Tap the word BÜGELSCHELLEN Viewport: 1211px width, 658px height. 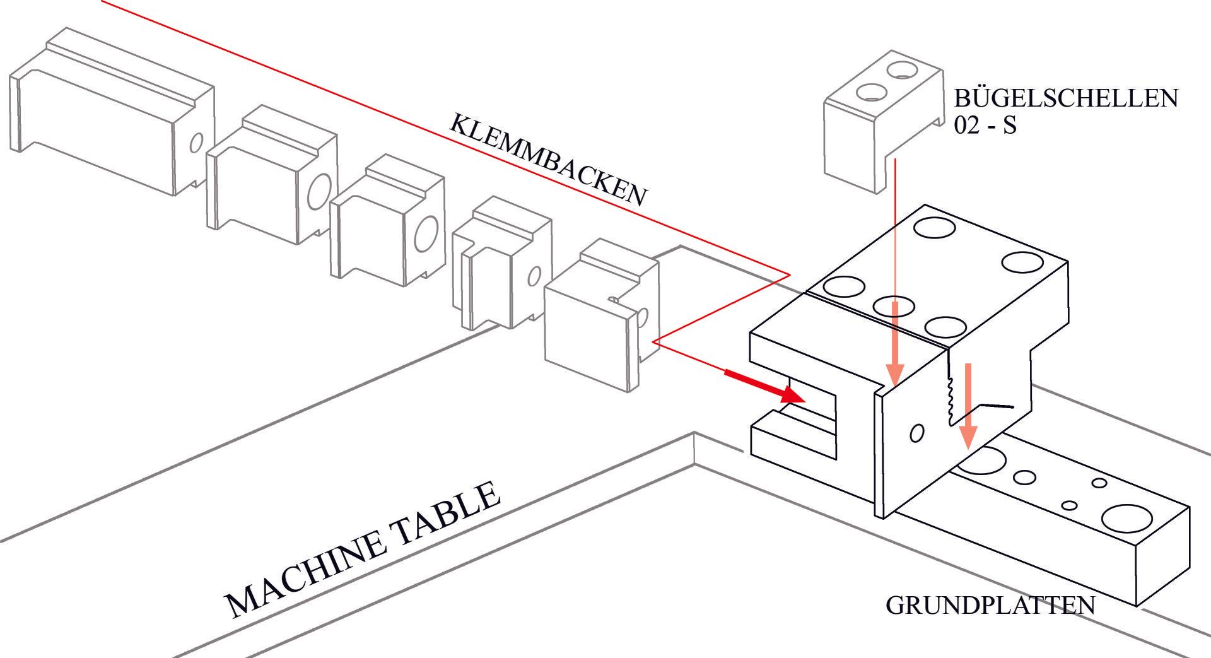1065,98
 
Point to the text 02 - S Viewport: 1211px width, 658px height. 985,126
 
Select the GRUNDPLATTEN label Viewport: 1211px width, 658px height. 990,605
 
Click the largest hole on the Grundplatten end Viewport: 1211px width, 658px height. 1126,519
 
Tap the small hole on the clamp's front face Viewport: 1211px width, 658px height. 917,433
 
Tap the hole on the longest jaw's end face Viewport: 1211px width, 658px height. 196,143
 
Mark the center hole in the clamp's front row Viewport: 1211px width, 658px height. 894,306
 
